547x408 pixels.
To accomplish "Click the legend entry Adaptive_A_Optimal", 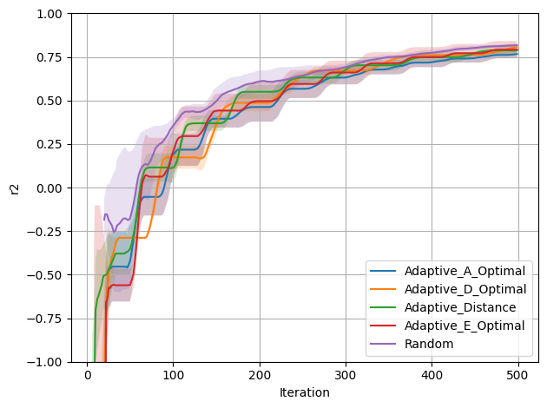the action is point(465,271).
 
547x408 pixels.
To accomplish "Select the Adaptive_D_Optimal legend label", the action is point(465,289).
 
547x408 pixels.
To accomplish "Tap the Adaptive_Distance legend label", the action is point(460,307).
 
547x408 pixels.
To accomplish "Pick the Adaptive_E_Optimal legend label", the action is point(465,326).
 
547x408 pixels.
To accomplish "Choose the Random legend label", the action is point(429,344).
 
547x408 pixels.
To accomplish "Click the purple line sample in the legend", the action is point(383,344).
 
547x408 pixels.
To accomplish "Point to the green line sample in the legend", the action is point(383,307).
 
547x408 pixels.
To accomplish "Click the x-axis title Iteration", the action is point(305,392).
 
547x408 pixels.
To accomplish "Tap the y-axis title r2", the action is point(15,188).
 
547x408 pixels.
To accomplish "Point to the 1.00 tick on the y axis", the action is point(49,14).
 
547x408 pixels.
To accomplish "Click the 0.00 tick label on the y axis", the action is point(49,188).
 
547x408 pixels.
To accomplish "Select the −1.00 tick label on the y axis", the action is point(45,362).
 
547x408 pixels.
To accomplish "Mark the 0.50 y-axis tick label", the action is point(49,101).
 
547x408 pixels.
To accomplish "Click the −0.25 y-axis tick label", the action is point(45,231).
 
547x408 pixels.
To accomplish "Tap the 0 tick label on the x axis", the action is point(87,375).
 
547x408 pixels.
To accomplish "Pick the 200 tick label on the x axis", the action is point(260,375).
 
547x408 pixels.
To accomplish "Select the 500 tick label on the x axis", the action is point(518,375).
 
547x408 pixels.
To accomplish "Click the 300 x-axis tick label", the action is point(346,375).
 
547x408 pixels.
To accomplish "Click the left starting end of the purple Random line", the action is point(104,220).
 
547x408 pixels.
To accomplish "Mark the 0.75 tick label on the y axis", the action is point(49,57).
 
